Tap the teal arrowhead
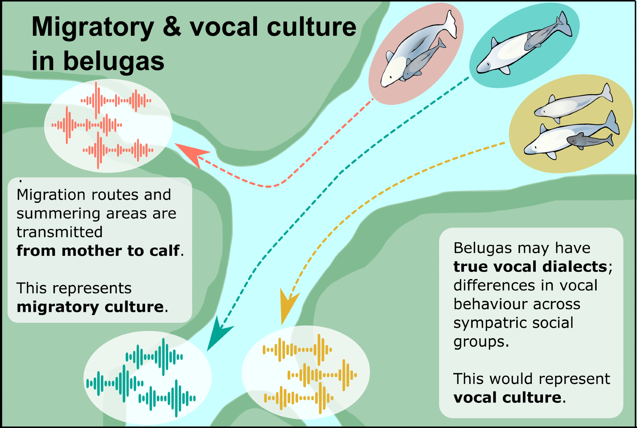[218, 334]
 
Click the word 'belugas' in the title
[114, 61]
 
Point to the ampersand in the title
[172, 27]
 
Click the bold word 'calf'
[164, 251]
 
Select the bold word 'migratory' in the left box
[58, 307]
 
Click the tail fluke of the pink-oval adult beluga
[451, 24]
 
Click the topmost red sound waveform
[116, 100]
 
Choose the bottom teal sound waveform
[167, 398]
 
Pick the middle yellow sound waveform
[322, 375]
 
